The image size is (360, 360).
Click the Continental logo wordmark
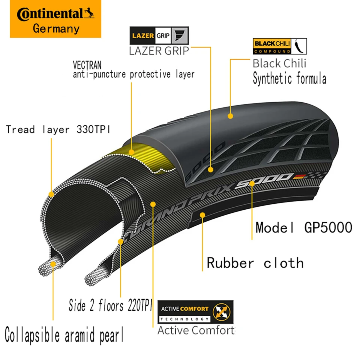pos(55,14)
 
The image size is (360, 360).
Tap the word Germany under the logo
pos(56,29)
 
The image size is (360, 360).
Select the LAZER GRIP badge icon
pos(159,36)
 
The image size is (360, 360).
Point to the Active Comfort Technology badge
pos(195,312)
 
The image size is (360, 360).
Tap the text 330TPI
pos(93,130)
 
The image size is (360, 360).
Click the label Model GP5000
pos(304,227)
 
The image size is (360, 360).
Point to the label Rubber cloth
pos(255,263)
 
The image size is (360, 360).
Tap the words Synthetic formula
pos(289,79)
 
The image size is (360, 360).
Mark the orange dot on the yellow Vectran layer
pos(131,152)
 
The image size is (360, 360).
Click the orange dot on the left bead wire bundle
pos(53,264)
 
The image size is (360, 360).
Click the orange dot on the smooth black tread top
pos(230,116)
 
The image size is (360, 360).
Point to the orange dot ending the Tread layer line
pos(51,194)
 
